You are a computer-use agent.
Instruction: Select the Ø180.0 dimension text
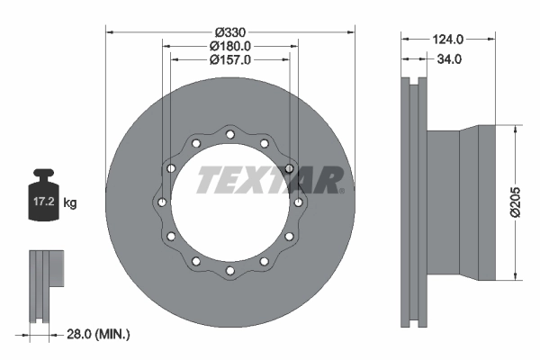pos(229,46)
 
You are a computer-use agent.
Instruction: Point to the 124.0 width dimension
pos(446,39)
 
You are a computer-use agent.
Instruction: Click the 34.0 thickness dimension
pos(448,59)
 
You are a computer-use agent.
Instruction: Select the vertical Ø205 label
pos(516,201)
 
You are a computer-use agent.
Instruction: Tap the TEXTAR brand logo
pos(270,180)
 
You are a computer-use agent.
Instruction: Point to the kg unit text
pos(70,203)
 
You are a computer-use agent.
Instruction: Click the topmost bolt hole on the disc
pos(229,134)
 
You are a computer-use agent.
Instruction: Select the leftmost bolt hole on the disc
pos(161,202)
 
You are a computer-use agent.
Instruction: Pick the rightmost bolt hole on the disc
pos(298,202)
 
